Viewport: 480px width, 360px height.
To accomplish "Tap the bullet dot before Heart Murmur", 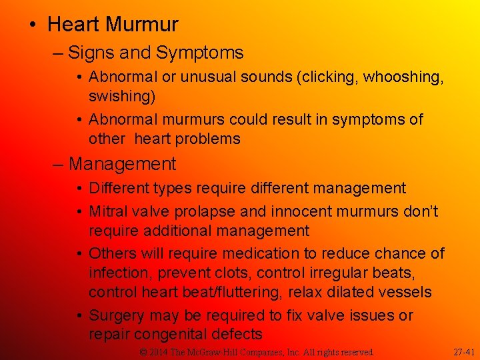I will pyautogui.click(x=33, y=25).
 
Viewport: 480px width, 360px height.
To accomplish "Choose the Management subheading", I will pyautogui.click(x=122, y=163).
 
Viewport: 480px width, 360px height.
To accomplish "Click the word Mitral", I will pyautogui.click(x=109, y=212).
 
